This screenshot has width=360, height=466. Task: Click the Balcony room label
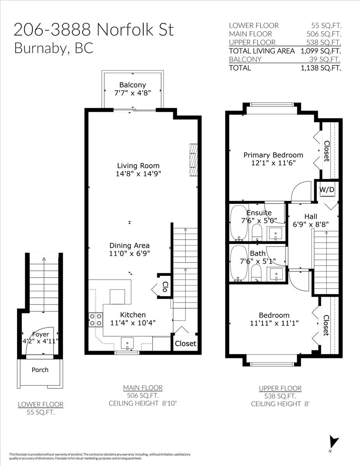tap(132, 85)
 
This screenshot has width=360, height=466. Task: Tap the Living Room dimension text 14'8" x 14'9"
tap(138, 174)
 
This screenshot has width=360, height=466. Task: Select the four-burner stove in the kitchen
tap(96, 320)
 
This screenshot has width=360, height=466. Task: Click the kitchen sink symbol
tap(127, 344)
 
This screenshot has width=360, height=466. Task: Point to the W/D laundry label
tap(327, 190)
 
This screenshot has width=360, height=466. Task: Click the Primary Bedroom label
tap(273, 155)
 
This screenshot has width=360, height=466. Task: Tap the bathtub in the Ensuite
tap(238, 222)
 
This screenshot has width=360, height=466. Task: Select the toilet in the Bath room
tap(256, 273)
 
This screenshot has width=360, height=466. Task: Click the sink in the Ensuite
tap(275, 234)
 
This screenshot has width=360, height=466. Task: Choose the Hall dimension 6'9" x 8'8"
tap(311, 224)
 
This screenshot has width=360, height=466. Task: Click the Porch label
tap(40, 370)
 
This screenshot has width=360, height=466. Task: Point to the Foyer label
tap(40, 334)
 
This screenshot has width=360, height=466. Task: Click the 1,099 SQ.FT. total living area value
tap(321, 51)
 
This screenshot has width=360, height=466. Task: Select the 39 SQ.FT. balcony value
tap(325, 59)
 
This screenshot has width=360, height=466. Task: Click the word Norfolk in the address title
tap(125, 30)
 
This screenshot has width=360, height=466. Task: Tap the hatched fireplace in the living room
tap(193, 160)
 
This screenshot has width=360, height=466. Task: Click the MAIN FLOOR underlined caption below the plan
tap(143, 388)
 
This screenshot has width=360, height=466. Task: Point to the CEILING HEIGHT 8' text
tap(280, 404)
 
